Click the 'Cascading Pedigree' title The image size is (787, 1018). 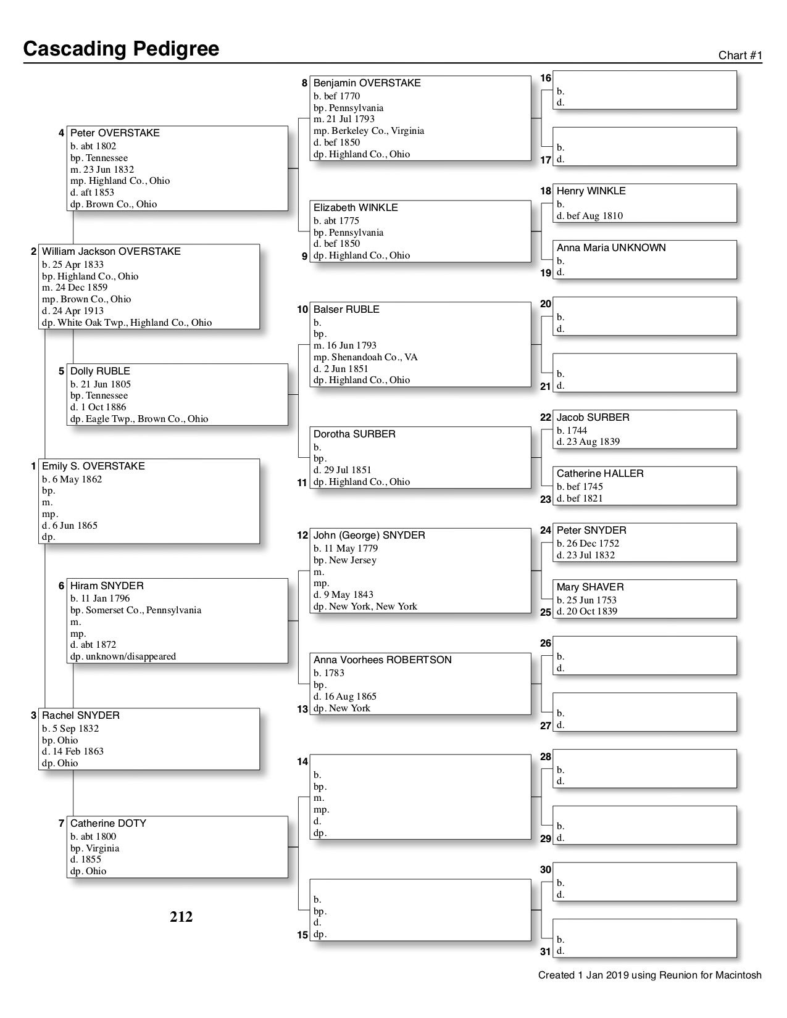121,49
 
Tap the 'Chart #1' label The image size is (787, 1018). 740,56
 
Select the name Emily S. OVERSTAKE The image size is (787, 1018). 93,466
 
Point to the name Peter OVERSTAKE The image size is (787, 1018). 115,133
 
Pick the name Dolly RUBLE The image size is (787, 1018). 100,371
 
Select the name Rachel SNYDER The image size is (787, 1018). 81,716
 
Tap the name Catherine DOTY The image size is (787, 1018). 108,824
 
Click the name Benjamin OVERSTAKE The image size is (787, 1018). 367,83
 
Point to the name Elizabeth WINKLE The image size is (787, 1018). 356,208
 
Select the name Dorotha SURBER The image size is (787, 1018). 354,434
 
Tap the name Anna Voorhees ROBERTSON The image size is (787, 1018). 383,660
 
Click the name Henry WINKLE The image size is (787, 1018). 591,191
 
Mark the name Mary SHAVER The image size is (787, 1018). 590,587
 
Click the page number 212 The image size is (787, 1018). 181,917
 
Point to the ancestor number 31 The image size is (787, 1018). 546,952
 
